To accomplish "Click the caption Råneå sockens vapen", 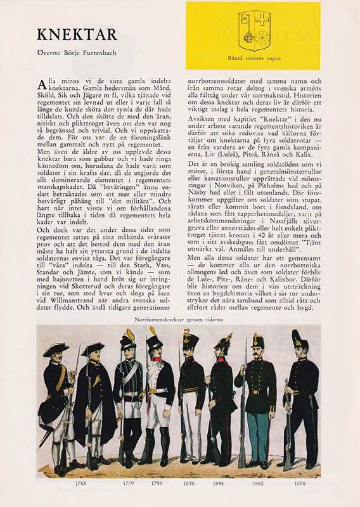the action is point(253,58).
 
